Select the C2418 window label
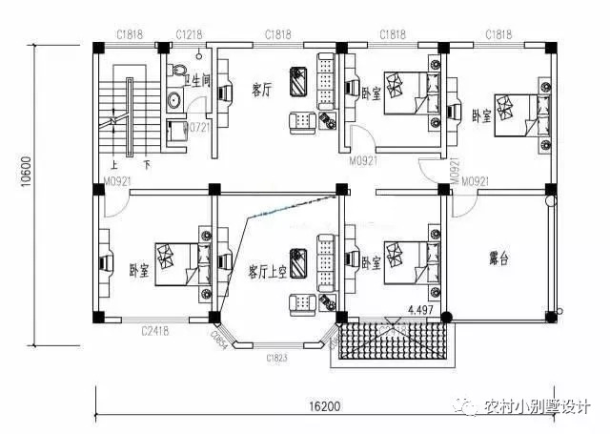click(156, 330)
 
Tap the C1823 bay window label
click(276, 359)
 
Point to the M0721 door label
click(196, 126)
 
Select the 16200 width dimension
click(323, 406)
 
